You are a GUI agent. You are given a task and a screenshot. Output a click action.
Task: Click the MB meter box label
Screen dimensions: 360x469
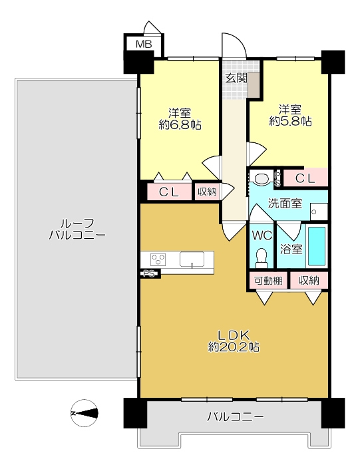pyautogui.click(x=144, y=45)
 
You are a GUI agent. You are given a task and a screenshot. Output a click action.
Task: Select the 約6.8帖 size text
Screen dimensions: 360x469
pyautogui.click(x=180, y=125)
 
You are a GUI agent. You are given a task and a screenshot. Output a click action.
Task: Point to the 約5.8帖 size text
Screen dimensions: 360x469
pyautogui.click(x=290, y=121)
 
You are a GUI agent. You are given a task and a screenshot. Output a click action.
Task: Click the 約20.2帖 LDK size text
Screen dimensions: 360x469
pyautogui.click(x=234, y=347)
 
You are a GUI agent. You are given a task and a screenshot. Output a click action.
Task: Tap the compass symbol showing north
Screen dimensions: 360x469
pyautogui.click(x=84, y=413)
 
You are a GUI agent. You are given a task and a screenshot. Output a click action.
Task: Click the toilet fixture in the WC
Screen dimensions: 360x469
pyautogui.click(x=262, y=258)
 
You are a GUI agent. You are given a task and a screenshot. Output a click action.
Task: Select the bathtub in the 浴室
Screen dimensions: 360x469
pyautogui.click(x=317, y=246)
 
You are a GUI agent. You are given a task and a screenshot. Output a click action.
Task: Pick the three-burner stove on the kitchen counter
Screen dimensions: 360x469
pyautogui.click(x=158, y=259)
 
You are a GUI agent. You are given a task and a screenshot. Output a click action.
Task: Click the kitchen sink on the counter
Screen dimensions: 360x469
pyautogui.click(x=192, y=259)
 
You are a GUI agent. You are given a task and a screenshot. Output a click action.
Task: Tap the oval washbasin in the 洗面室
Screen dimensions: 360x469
pyautogui.click(x=262, y=179)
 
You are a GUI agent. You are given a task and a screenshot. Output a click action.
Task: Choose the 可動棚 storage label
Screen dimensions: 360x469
pyautogui.click(x=268, y=281)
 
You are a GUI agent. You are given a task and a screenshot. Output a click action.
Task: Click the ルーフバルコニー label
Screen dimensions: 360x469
pyautogui.click(x=77, y=229)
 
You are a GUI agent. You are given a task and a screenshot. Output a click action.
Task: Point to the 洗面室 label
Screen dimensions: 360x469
pyautogui.click(x=285, y=204)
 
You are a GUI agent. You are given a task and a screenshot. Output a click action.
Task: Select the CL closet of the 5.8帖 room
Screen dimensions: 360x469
pyautogui.click(x=305, y=178)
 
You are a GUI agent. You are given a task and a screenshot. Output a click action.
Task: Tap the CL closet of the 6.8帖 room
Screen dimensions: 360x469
pyautogui.click(x=169, y=192)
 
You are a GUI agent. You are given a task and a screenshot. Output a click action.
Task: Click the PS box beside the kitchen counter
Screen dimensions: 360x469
pyautogui.click(x=149, y=273)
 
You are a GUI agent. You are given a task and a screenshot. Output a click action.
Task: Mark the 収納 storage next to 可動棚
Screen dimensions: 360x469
pyautogui.click(x=309, y=281)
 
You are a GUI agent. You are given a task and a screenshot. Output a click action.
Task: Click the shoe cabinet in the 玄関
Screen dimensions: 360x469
pyautogui.click(x=255, y=84)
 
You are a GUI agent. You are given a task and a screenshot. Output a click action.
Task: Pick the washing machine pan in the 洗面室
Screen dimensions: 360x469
pyautogui.click(x=319, y=212)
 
